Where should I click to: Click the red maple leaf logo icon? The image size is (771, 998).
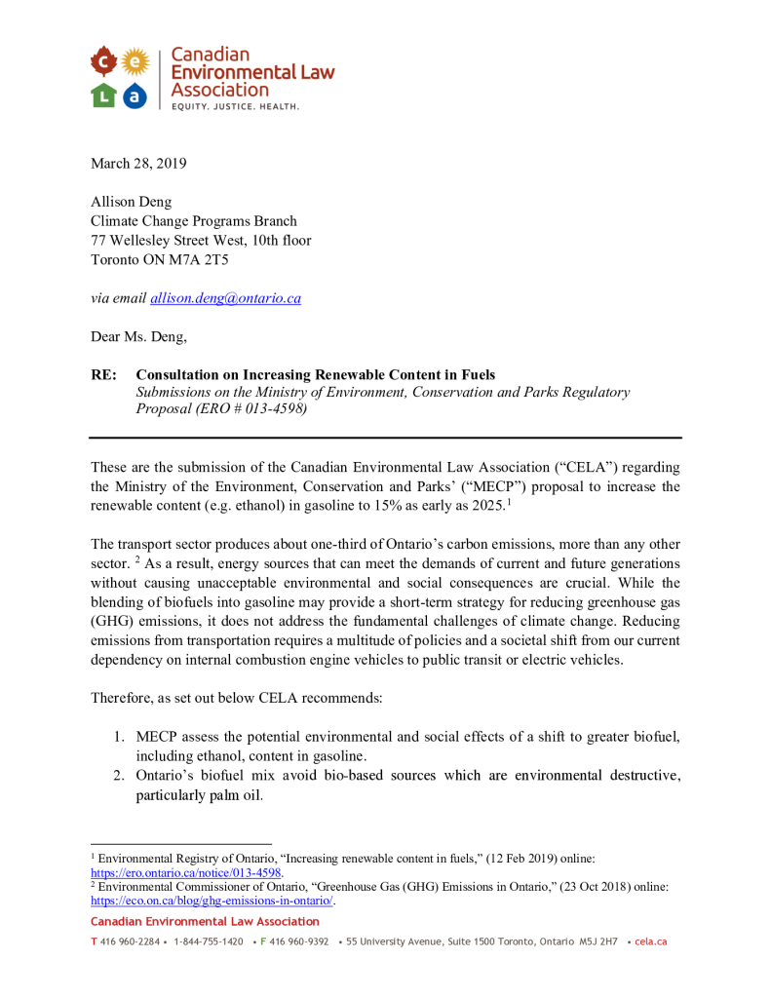click(x=104, y=63)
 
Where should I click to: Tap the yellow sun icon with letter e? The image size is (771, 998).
click(x=135, y=63)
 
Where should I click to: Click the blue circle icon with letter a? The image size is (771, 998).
click(x=135, y=95)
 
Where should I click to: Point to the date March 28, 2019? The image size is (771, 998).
click(x=138, y=163)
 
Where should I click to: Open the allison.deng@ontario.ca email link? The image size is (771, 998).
click(x=225, y=298)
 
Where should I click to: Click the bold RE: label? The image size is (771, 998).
click(x=104, y=374)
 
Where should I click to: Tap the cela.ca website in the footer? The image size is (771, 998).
click(x=650, y=941)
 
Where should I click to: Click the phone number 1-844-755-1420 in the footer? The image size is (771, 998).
click(x=208, y=941)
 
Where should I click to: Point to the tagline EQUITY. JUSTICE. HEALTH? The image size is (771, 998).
click(x=235, y=106)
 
